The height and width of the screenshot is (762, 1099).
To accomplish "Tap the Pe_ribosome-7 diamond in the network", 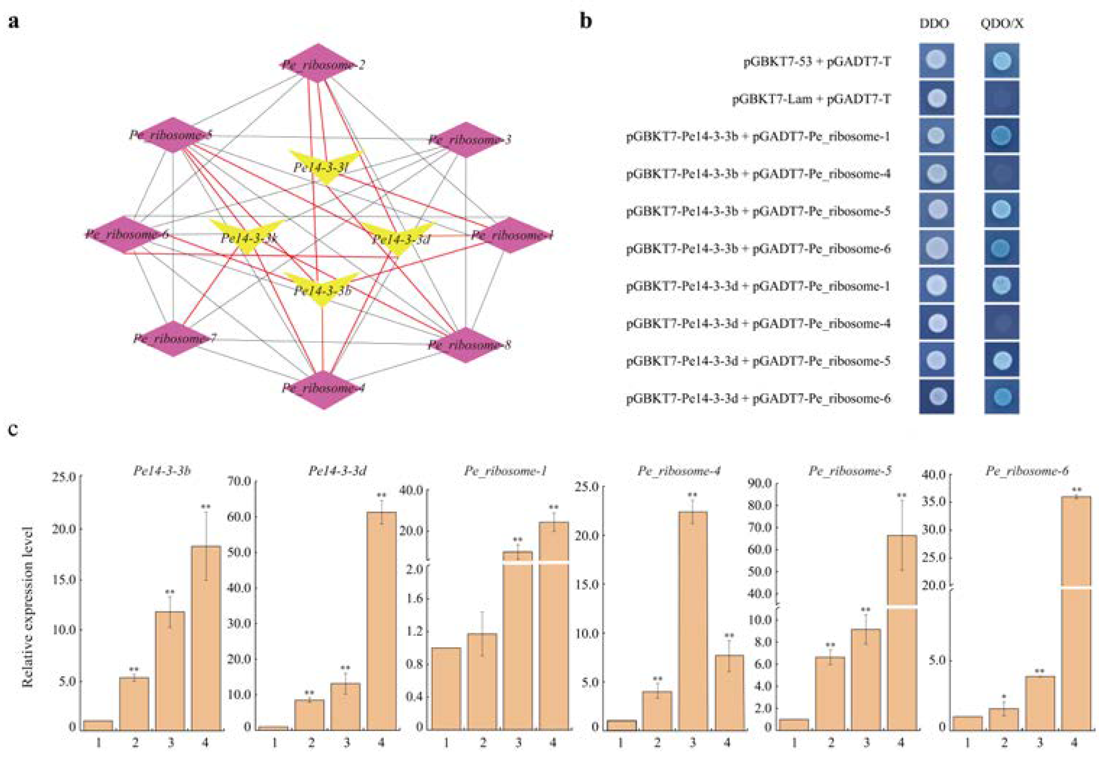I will click(x=173, y=338).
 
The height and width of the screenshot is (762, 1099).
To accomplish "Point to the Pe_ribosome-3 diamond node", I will click(x=466, y=140).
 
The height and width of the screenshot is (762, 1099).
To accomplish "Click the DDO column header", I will click(x=934, y=23).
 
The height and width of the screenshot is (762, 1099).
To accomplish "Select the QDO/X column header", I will click(x=1002, y=23).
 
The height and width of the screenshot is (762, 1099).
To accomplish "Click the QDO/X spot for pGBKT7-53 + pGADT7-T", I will click(x=1002, y=61).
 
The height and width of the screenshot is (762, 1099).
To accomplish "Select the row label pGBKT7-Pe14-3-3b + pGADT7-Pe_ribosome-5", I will click(x=758, y=211).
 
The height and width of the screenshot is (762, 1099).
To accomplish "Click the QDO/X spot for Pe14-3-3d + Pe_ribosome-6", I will click(x=1002, y=397).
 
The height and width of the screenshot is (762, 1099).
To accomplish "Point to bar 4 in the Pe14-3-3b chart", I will click(x=206, y=637).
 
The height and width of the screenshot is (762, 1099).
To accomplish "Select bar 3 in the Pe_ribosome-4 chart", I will click(x=692, y=621).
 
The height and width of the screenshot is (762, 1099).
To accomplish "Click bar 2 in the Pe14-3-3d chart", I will click(x=309, y=715).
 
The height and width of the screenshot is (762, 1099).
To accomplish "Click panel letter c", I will click(x=13, y=429).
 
